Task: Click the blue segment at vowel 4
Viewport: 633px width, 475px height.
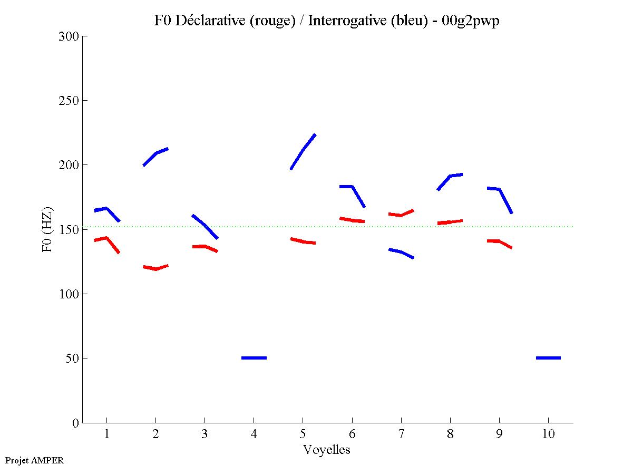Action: (x=254, y=358)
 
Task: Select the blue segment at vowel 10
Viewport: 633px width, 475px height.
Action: (x=548, y=358)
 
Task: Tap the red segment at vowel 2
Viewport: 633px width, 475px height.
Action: (x=155, y=268)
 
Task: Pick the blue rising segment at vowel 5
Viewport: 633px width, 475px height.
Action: (x=303, y=151)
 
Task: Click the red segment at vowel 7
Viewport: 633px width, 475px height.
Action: (x=401, y=214)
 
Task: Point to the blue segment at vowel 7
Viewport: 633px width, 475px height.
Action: (x=401, y=253)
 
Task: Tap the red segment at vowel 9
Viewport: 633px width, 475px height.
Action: (x=499, y=242)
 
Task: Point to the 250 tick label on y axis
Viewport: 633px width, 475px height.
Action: (x=67, y=101)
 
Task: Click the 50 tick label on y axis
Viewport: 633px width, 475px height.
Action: (x=71, y=358)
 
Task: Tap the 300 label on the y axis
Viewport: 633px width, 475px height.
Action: (x=67, y=36)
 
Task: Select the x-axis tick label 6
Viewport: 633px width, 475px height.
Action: (x=352, y=434)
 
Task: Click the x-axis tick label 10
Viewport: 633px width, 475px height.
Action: (x=548, y=434)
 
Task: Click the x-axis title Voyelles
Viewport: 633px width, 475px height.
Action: (x=327, y=450)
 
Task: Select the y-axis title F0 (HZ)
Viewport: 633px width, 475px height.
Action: (x=47, y=229)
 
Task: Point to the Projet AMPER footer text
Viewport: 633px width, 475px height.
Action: (x=34, y=460)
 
